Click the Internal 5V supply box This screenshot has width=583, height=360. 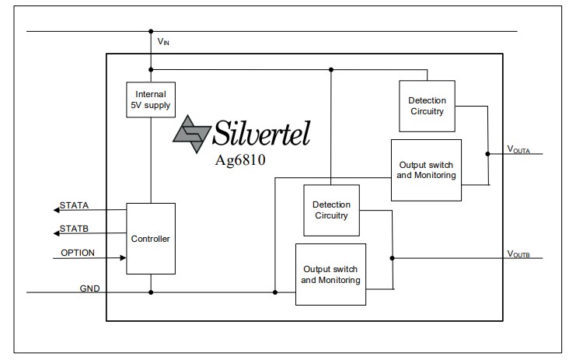(151, 99)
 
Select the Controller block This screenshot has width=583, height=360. (151, 238)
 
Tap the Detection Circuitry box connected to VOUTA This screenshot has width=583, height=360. (427, 105)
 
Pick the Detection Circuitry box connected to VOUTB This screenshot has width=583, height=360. (331, 210)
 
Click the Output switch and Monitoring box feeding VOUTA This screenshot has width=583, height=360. (427, 170)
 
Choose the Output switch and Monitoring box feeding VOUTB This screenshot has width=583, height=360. (331, 274)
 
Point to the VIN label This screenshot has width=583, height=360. (163, 42)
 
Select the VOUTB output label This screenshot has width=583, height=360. (518, 253)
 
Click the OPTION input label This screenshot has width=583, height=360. (78, 253)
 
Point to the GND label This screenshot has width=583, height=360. (89, 288)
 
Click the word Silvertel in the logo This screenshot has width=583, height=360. (261, 135)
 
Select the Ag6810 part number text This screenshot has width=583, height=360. (243, 160)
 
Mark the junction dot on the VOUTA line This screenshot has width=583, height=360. (487, 154)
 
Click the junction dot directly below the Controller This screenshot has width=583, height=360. (151, 292)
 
